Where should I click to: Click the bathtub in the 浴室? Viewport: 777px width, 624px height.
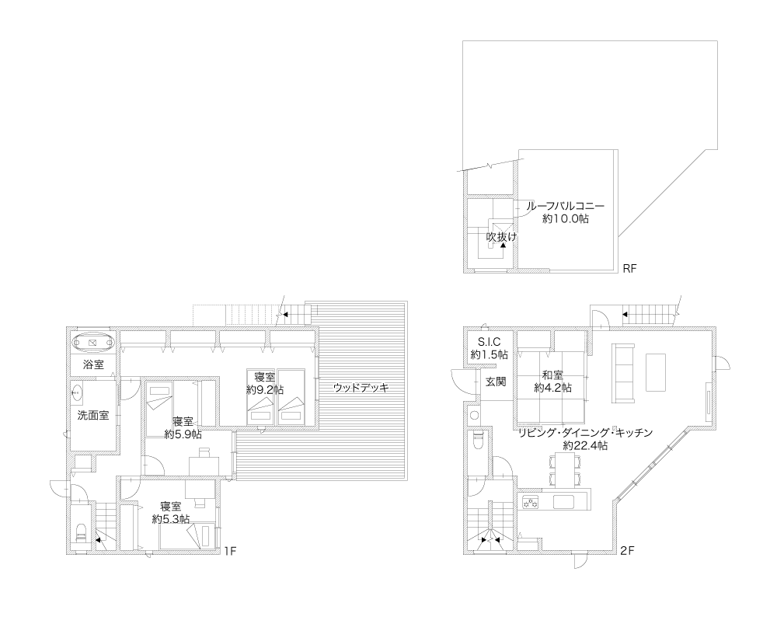click(x=92, y=343)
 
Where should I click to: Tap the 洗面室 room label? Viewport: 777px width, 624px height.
click(x=93, y=415)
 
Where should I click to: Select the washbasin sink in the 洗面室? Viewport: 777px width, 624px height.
click(x=77, y=394)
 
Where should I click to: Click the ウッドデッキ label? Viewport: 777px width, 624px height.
click(x=361, y=388)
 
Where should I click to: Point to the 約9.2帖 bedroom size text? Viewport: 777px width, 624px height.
click(x=265, y=389)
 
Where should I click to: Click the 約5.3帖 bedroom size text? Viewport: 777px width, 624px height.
click(x=170, y=519)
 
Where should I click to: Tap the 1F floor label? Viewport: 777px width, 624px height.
click(x=229, y=551)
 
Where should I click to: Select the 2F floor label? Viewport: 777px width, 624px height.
click(x=627, y=551)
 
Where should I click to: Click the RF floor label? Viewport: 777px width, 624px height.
click(x=629, y=269)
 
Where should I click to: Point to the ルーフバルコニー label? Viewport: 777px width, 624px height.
click(x=566, y=206)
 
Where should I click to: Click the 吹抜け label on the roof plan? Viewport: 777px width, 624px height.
click(x=500, y=237)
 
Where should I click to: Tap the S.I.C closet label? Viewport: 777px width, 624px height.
click(x=489, y=342)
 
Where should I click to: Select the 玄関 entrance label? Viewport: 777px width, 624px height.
click(x=496, y=382)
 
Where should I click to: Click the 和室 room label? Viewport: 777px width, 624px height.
click(x=552, y=375)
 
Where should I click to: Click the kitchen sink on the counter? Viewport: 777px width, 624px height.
click(x=563, y=501)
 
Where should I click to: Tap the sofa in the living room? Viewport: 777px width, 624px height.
click(x=624, y=373)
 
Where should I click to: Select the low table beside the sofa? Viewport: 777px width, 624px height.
click(x=656, y=371)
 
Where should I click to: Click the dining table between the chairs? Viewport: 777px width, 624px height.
click(x=565, y=469)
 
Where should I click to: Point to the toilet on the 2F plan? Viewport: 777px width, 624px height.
click(x=478, y=439)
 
